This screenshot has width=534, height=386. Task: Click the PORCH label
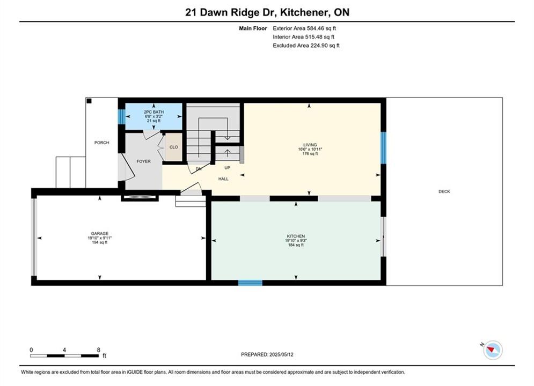pyautogui.click(x=101, y=143)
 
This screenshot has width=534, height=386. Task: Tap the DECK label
pyautogui.click(x=444, y=191)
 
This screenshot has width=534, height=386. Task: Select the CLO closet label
pyautogui.click(x=174, y=147)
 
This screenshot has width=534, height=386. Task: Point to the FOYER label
pyautogui.click(x=143, y=161)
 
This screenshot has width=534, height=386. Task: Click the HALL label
pyautogui.click(x=223, y=179)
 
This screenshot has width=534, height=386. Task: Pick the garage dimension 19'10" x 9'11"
pyautogui.click(x=99, y=238)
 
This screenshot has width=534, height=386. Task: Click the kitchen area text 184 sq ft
pyautogui.click(x=296, y=245)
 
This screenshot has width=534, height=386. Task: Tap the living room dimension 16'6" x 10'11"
pyautogui.click(x=310, y=149)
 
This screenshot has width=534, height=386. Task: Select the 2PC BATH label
pyautogui.click(x=153, y=112)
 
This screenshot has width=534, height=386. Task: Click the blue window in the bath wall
pyautogui.click(x=122, y=116)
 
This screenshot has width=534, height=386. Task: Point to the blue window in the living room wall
pyautogui.click(x=384, y=148)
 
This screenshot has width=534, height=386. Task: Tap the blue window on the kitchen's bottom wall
pyautogui.click(x=250, y=283)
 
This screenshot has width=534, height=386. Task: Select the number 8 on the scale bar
pyautogui.click(x=98, y=350)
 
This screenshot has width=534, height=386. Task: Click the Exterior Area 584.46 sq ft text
pyautogui.click(x=304, y=28)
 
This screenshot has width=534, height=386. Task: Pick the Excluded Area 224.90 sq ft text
pyautogui.click(x=306, y=46)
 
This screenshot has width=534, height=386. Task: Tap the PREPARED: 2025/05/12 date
pyautogui.click(x=267, y=354)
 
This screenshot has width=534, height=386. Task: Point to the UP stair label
pyautogui.click(x=227, y=168)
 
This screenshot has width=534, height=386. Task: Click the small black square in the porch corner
pyautogui.click(x=89, y=101)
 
